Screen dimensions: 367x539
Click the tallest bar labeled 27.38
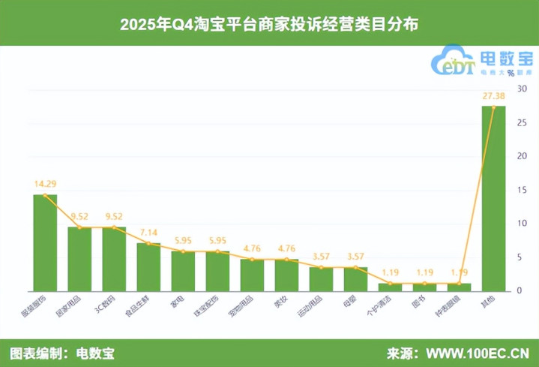[493, 199]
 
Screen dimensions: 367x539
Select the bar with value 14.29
[45, 242]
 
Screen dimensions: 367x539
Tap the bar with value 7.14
[148, 267]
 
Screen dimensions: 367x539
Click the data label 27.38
[493, 97]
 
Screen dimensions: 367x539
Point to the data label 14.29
[45, 183]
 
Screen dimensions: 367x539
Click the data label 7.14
[148, 232]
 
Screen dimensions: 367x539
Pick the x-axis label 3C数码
[105, 302]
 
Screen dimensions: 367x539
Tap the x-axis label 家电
[178, 300]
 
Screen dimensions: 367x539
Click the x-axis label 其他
[488, 300]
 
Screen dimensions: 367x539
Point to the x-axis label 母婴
[350, 300]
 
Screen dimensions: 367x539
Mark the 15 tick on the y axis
[519, 190]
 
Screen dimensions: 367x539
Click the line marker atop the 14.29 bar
[45, 195]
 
